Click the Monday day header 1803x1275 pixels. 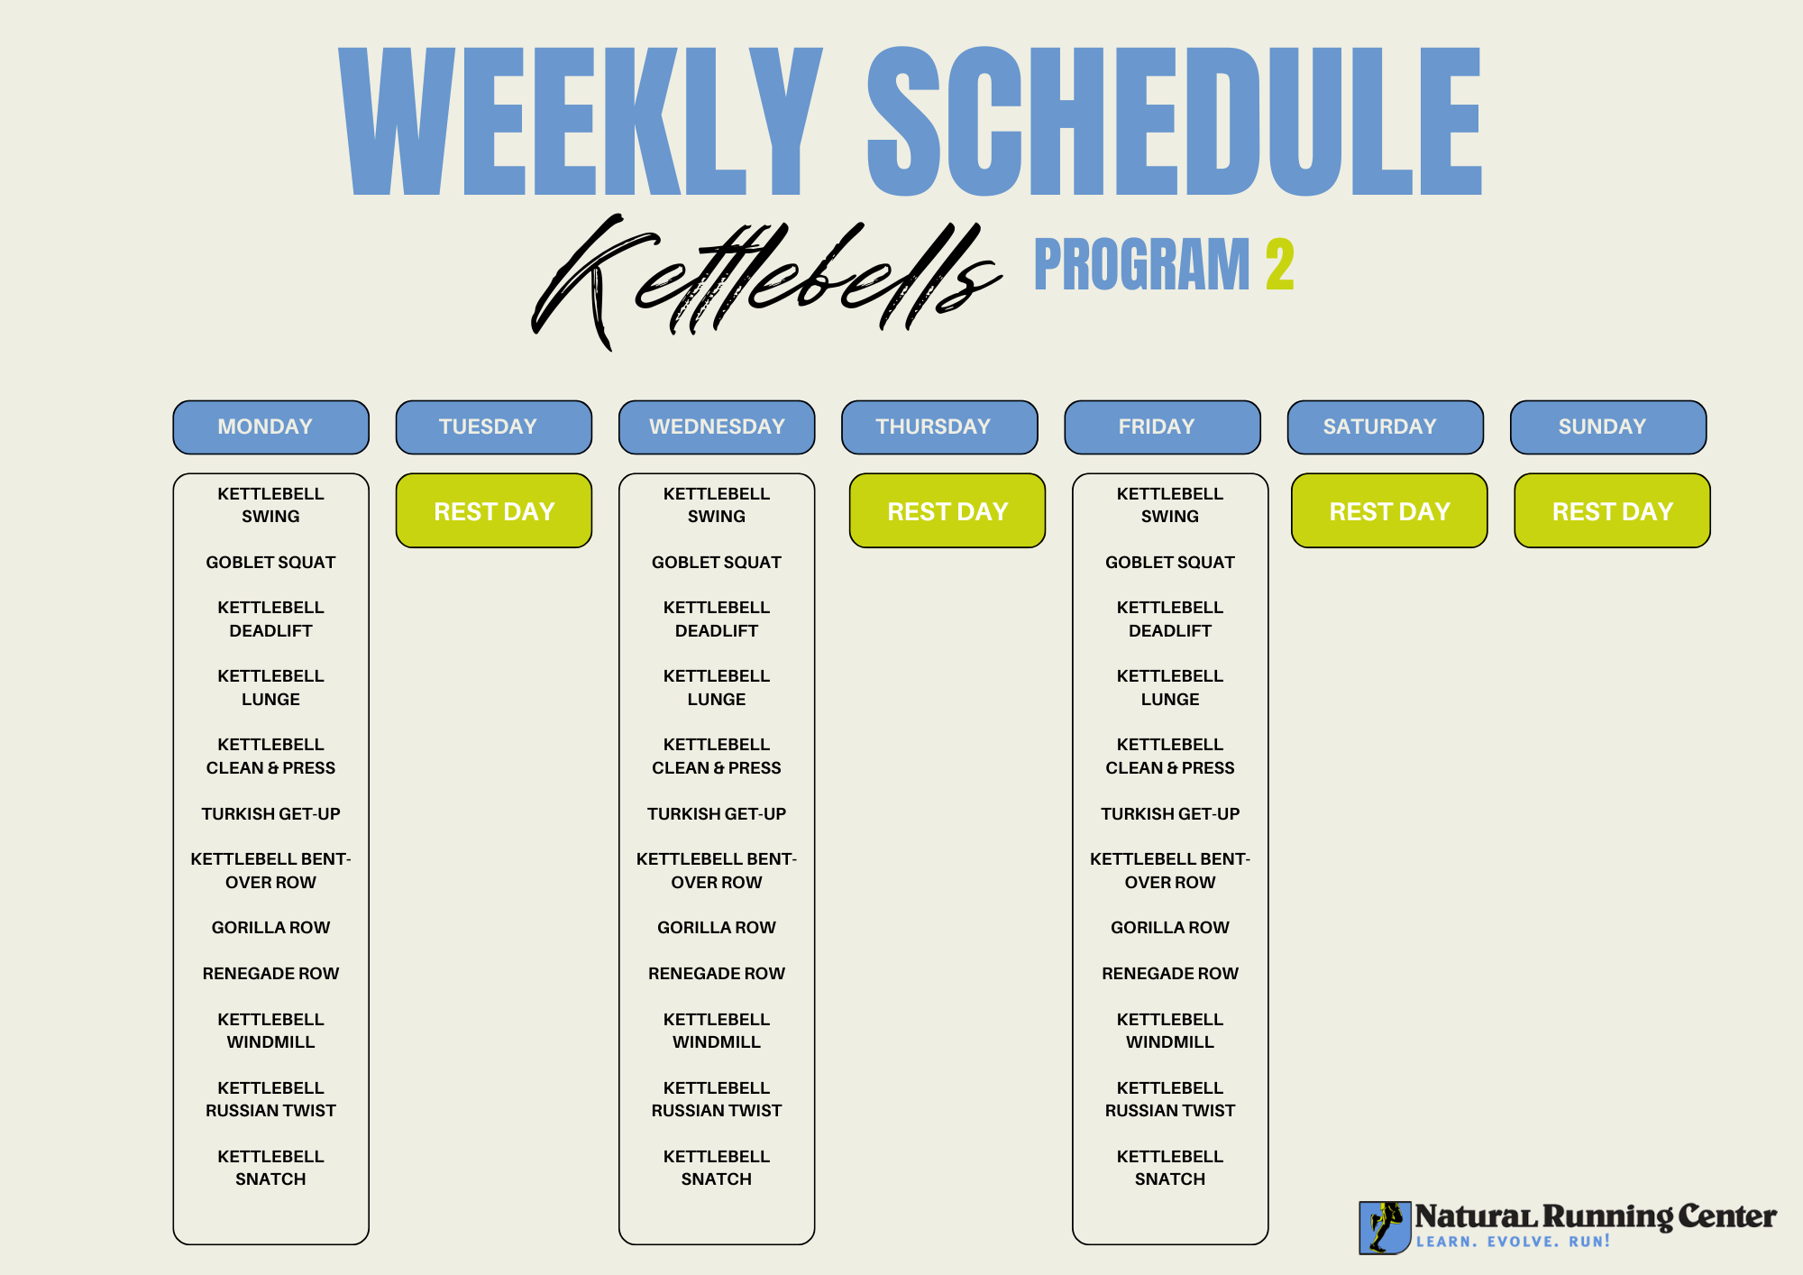click(x=270, y=427)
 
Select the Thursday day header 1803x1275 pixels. click(x=939, y=427)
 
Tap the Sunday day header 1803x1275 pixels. click(x=1608, y=427)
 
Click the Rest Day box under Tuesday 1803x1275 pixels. click(x=494, y=510)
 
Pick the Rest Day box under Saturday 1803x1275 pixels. click(x=1389, y=510)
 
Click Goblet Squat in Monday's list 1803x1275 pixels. click(x=270, y=563)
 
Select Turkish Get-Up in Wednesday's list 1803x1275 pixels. click(x=717, y=814)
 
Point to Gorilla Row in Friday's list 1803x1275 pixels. click(x=1170, y=928)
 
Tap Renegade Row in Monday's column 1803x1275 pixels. click(x=270, y=974)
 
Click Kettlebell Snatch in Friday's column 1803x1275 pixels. click(x=1170, y=1168)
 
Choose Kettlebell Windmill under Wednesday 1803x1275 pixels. click(x=717, y=1031)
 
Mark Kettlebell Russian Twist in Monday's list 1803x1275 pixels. click(x=270, y=1099)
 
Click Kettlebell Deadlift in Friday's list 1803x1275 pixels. click(x=1170, y=619)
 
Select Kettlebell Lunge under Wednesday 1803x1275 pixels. click(x=717, y=688)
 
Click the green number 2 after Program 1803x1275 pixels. click(x=1280, y=264)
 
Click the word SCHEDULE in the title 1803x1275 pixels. click(x=1175, y=121)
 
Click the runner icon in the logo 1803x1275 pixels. click(x=1385, y=1227)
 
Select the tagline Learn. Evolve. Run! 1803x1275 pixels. click(x=1513, y=1242)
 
